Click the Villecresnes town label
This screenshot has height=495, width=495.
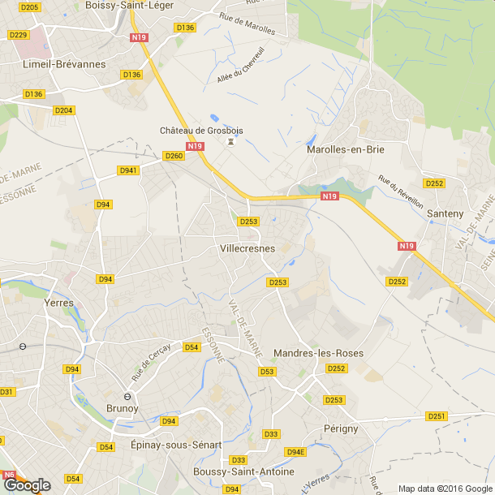click(x=247, y=248)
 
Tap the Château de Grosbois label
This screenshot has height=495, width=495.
click(x=201, y=131)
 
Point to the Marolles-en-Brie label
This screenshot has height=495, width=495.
click(x=346, y=149)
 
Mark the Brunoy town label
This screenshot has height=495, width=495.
click(x=123, y=408)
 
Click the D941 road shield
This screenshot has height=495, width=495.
click(x=128, y=170)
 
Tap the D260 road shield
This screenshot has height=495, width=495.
click(x=174, y=156)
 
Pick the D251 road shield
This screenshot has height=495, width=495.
click(x=437, y=416)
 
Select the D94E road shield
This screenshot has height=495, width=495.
click(x=295, y=452)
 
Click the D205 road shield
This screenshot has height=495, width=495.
click(x=30, y=7)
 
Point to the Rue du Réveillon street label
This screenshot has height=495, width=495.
click(x=401, y=192)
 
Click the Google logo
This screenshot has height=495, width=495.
click(x=27, y=484)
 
